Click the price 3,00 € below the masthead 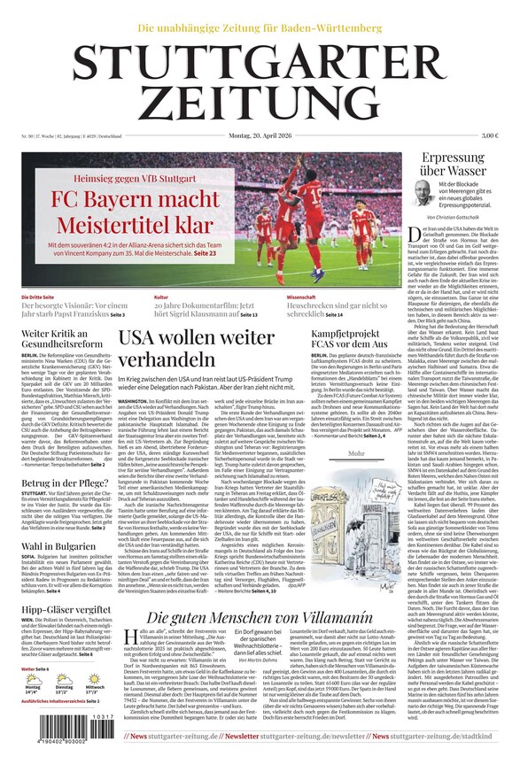(490, 135)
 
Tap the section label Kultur (160, 297)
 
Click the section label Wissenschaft (301, 297)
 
